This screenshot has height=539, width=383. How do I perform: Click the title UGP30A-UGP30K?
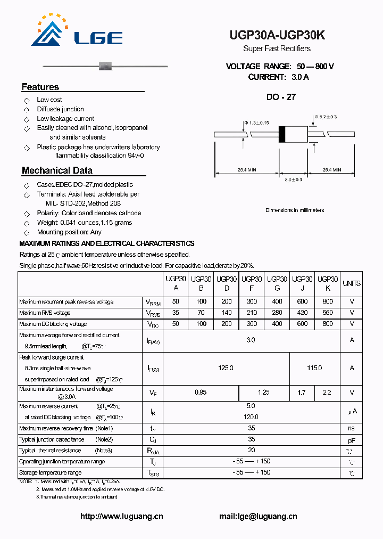click(x=277, y=35)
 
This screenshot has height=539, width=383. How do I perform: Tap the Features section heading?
click(x=40, y=87)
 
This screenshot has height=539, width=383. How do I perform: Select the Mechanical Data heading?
click(x=57, y=170)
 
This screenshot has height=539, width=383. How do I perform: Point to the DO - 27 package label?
click(x=281, y=97)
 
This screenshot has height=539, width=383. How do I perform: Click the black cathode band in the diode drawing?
click(x=282, y=134)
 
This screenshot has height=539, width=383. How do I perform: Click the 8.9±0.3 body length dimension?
click(x=293, y=180)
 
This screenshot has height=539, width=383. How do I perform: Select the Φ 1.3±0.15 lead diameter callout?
click(x=256, y=123)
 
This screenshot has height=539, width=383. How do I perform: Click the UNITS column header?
click(x=352, y=283)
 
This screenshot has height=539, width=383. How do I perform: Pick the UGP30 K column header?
click(x=328, y=283)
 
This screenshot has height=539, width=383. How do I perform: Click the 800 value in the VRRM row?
click(x=328, y=302)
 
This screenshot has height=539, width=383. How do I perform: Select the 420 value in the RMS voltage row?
click(x=302, y=313)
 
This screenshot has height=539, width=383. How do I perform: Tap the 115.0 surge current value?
click(x=314, y=368)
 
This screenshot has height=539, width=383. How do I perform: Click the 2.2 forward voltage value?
click(x=327, y=393)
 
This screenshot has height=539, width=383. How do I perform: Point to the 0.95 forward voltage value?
click(x=201, y=393)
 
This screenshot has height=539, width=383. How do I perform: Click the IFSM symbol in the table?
click(x=153, y=368)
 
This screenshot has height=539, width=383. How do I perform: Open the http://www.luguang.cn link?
click(x=122, y=516)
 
